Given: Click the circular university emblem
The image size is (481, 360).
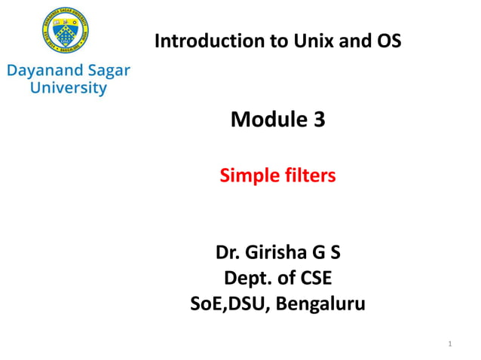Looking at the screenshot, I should (68, 32).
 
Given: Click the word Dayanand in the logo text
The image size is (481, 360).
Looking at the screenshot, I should (42, 72).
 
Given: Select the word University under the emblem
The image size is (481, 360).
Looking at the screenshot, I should (68, 88).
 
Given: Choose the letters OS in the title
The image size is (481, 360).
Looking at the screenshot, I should (388, 41).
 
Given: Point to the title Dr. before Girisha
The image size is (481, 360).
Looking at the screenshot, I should (229, 252).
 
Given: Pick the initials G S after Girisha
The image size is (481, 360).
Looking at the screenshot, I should (326, 252).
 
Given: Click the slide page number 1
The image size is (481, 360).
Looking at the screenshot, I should (449, 345).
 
